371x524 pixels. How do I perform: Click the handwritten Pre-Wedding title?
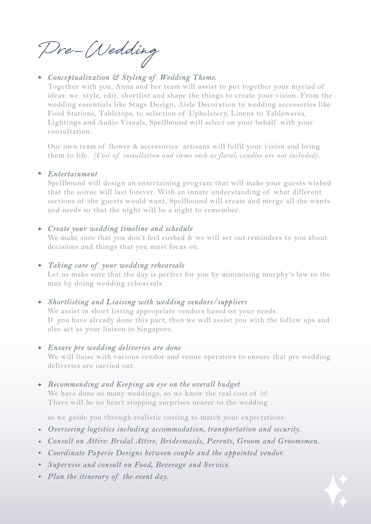(98, 51)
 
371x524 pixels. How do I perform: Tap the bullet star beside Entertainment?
(40, 174)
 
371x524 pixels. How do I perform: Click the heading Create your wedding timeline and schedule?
(120, 229)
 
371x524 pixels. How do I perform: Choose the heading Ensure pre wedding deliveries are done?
(114, 348)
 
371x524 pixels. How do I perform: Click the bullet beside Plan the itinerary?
(40, 477)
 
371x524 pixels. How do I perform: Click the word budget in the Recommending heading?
(229, 384)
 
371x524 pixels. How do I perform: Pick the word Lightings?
(65, 122)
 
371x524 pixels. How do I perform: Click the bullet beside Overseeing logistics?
(40, 429)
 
